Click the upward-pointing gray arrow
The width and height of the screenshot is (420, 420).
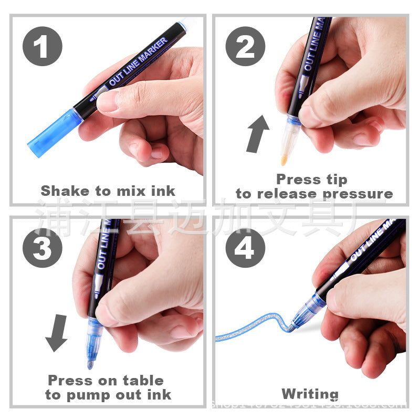pyautogui.click(x=258, y=133)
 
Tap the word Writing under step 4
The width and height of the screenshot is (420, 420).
pyautogui.click(x=310, y=394)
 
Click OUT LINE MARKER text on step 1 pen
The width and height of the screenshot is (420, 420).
pyautogui.click(x=138, y=62)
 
